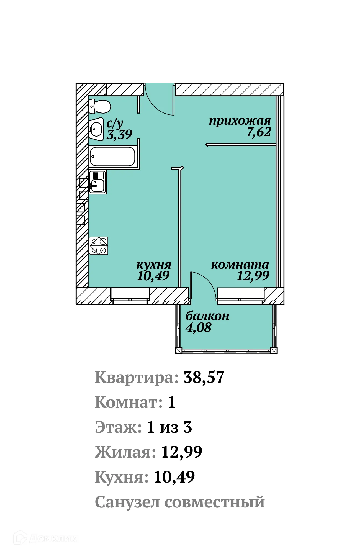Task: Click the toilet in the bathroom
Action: tap(100, 106)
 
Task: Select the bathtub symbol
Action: tap(112, 157)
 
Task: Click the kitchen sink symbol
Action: tap(97, 182)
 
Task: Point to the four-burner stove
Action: tap(99, 246)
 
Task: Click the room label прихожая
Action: tap(240, 121)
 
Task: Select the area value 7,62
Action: tap(259, 132)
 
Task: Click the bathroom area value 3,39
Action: tap(119, 135)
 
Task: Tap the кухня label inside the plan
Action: tap(154, 265)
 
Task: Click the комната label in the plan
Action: tap(240, 265)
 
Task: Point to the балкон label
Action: tap(207, 316)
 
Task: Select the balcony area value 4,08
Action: tap(198, 328)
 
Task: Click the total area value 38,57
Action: tap(204, 377)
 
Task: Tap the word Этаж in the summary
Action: tap(118, 427)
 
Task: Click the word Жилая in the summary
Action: tap(125, 452)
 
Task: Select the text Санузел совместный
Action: tap(180, 502)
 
